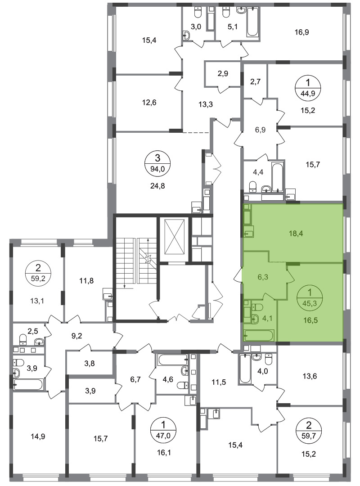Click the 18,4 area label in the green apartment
coord(296,234)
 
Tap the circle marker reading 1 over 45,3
coord(309,297)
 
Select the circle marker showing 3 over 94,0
coord(157,164)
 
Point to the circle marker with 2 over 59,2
coord(38,272)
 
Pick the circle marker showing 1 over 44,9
coord(308,87)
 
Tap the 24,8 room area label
coord(157,186)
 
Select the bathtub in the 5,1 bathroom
coord(252,22)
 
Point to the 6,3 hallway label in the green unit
coord(263,277)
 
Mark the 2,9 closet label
coord(223,73)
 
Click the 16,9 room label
coord(301,32)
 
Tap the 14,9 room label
coord(38,436)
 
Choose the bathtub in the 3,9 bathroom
coord(28,385)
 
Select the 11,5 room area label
coord(219,382)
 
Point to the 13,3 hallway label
coord(206,104)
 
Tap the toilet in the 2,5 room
coord(23,340)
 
